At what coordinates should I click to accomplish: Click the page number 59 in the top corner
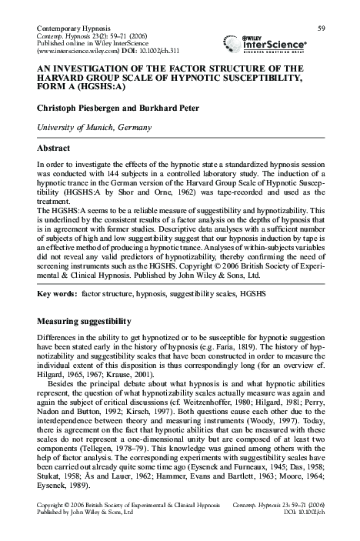click(x=322, y=28)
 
